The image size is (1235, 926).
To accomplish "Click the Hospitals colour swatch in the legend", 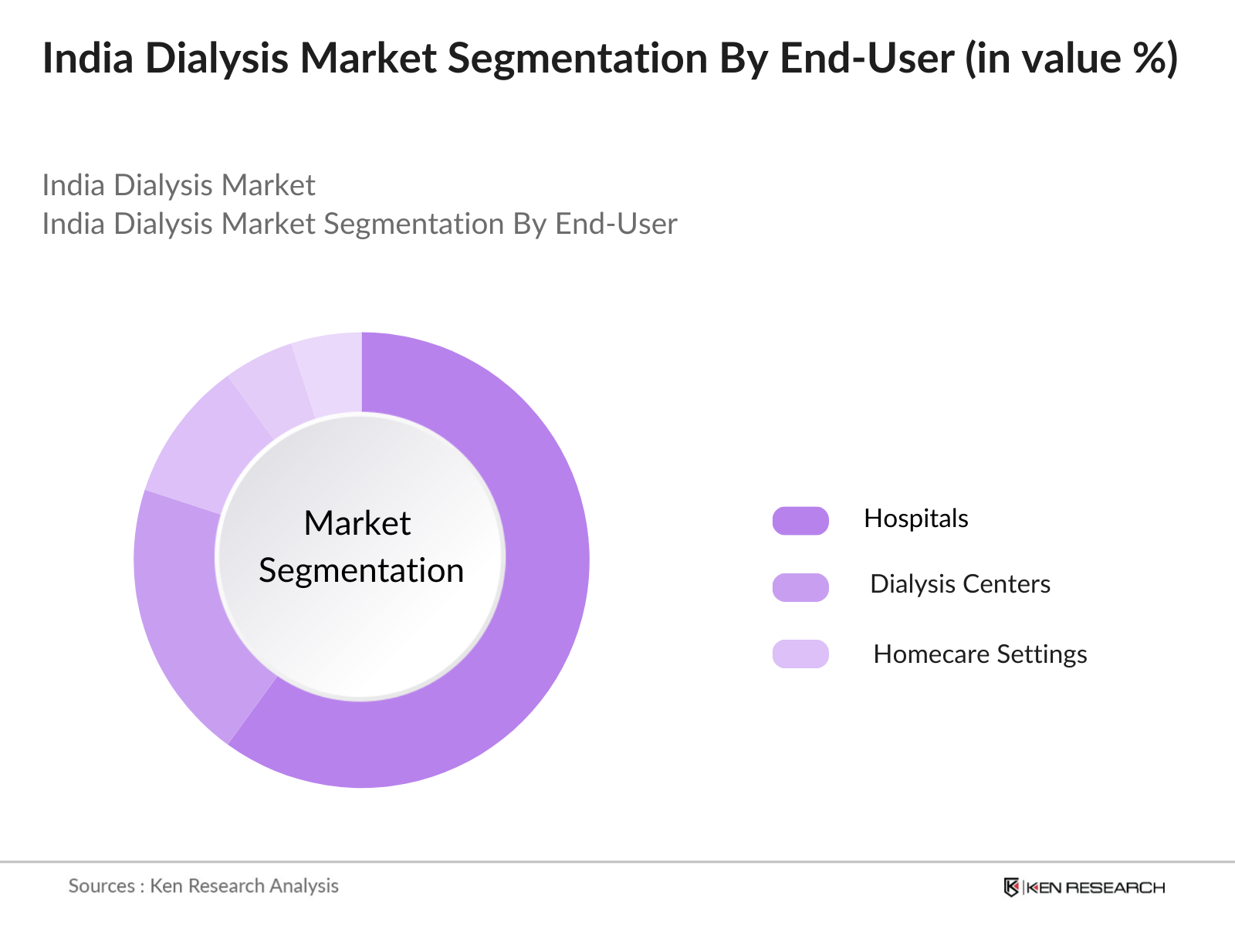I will (x=800, y=521).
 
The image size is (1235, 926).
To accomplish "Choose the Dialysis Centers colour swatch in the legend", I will (x=800, y=587).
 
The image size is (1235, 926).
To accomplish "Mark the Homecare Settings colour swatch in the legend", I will (x=800, y=654).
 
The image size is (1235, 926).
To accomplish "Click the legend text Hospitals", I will (x=915, y=519).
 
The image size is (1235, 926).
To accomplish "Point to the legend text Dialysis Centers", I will (x=959, y=584).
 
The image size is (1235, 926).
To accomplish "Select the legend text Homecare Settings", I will (x=980, y=654).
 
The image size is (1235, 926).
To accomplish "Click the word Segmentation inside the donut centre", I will (x=361, y=571).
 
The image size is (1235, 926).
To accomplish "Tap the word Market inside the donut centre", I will (x=357, y=523).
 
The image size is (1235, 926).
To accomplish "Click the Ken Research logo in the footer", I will (x=1084, y=887).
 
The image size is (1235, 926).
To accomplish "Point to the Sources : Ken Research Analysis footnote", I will (x=203, y=886).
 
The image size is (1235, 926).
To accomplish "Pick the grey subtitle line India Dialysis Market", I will (x=178, y=185).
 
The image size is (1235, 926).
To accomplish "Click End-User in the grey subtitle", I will (x=616, y=224).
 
